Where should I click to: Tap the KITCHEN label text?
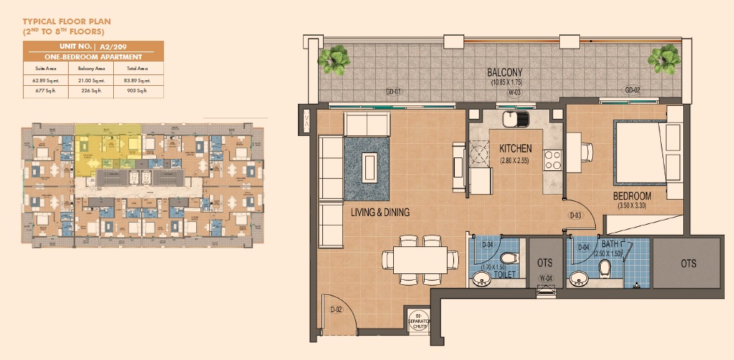[515, 149]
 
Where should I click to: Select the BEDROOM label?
[632, 196]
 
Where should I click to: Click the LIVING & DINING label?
[380, 212]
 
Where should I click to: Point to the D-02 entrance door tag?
[336, 310]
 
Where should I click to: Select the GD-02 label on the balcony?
[632, 91]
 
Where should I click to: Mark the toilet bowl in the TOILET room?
[508, 258]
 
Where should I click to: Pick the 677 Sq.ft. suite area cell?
[40, 92]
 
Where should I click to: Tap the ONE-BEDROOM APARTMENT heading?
[93, 57]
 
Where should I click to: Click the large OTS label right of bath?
[689, 263]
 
